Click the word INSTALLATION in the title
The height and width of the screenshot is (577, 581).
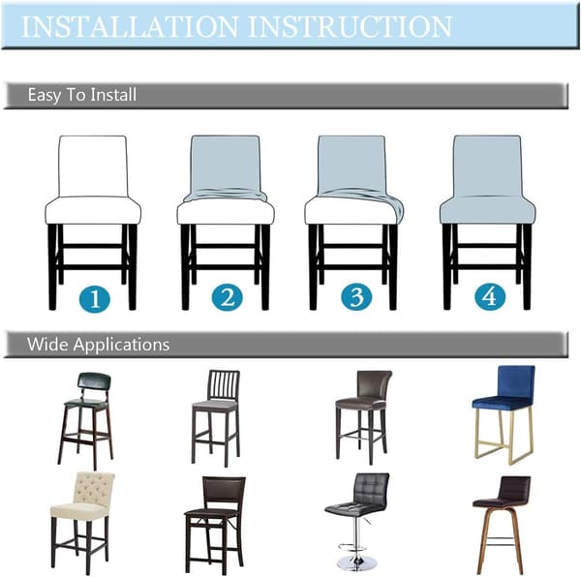[x=130, y=27]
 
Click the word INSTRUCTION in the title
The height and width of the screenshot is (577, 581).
[x=351, y=27]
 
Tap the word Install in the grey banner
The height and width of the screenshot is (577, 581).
[x=113, y=95]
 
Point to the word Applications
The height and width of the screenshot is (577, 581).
[x=121, y=346]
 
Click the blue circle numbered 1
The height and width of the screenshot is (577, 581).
[x=95, y=298]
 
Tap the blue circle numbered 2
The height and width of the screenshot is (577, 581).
[x=227, y=297]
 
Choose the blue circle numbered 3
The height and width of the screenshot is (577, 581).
[x=356, y=297]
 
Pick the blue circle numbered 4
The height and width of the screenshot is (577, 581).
[x=489, y=296]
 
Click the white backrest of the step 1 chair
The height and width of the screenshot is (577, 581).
[x=93, y=166]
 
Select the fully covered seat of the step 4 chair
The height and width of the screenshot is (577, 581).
[x=488, y=209]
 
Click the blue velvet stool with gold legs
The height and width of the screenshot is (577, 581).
[x=504, y=414]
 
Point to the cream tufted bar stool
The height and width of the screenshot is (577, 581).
[x=82, y=522]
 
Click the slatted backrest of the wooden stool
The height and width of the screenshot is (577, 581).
[x=224, y=385]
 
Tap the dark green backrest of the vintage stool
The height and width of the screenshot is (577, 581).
[x=95, y=383]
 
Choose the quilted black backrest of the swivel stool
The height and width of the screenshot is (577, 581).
[x=371, y=488]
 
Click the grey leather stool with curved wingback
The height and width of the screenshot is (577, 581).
[x=364, y=416]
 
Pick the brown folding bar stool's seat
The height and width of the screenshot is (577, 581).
[x=213, y=512]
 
